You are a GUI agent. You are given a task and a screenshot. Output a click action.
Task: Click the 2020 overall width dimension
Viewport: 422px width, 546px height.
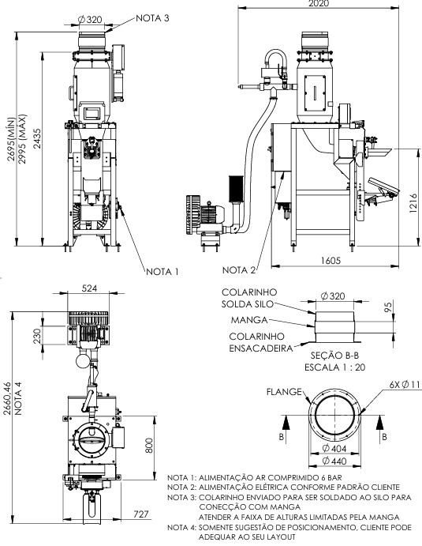[x=319, y=3]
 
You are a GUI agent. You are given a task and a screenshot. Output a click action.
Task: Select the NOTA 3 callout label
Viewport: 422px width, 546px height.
[x=152, y=18]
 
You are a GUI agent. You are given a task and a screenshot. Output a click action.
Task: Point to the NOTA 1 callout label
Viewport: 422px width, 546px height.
[x=162, y=272]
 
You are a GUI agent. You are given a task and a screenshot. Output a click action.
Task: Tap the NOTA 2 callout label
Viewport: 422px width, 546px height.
[x=239, y=270]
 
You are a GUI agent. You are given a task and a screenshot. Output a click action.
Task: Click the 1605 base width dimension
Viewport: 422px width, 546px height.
[x=331, y=261]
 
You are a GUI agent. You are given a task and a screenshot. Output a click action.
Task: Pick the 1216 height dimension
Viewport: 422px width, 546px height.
[x=413, y=203]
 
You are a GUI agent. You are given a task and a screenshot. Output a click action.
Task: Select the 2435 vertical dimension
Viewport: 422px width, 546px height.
[x=37, y=138]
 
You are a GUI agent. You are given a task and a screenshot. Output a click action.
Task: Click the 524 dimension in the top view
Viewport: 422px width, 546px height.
[x=89, y=288]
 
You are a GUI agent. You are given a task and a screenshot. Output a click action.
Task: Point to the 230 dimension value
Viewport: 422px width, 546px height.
[x=37, y=336]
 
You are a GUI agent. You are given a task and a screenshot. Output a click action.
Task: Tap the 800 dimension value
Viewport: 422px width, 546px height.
[x=149, y=446]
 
